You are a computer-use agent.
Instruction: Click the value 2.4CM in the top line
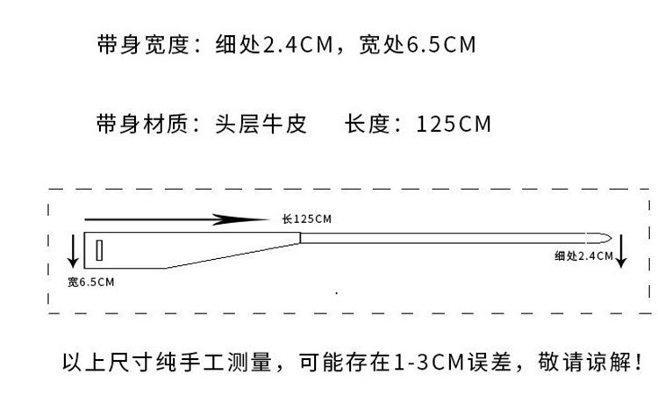[x=297, y=45]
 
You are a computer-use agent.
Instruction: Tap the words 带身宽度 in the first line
[x=143, y=45]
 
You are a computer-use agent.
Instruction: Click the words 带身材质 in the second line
[x=143, y=124]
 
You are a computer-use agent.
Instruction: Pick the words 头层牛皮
[x=261, y=124]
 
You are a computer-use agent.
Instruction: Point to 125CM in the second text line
[x=453, y=124]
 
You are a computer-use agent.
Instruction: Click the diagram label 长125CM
[x=307, y=219]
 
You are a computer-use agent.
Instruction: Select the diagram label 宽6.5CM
[x=90, y=282]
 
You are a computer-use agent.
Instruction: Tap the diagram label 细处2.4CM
[x=583, y=256]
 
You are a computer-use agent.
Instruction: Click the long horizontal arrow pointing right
[x=175, y=219]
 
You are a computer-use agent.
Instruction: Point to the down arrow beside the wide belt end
[x=73, y=251]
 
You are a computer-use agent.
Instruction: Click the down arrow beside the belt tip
[x=621, y=250]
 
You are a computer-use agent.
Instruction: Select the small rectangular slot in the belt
[x=100, y=250]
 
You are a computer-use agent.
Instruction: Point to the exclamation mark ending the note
[x=638, y=361]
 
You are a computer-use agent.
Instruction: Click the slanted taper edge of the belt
[x=232, y=255]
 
